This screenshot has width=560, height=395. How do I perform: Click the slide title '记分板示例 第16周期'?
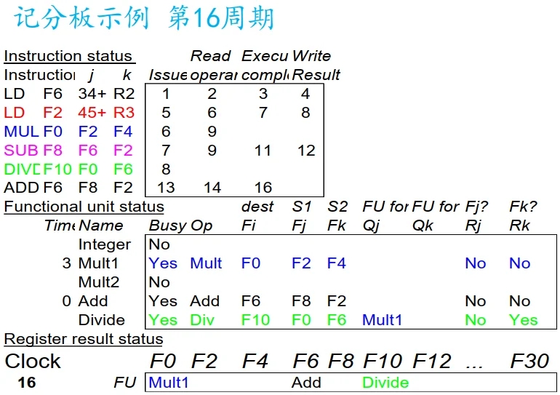click(x=144, y=18)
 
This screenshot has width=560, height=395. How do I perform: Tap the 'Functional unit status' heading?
click(x=84, y=207)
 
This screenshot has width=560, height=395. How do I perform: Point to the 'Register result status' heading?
click(x=83, y=339)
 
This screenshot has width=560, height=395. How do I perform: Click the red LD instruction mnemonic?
click(x=15, y=113)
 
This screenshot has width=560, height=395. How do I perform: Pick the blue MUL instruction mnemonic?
click(x=21, y=132)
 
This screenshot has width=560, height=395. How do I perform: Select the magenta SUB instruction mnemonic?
click(x=21, y=151)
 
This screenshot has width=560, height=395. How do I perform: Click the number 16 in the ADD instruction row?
click(x=263, y=188)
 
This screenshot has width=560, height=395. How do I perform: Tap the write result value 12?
click(x=306, y=151)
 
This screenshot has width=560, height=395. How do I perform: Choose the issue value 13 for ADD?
click(x=166, y=188)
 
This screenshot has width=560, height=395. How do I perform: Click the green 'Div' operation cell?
click(x=202, y=320)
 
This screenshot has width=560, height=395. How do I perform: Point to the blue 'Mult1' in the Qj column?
click(x=382, y=320)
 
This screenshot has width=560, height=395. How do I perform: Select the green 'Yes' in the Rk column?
click(x=523, y=320)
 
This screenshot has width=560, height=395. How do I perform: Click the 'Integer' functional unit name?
click(x=105, y=244)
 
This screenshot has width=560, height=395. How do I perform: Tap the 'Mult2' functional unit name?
click(x=99, y=282)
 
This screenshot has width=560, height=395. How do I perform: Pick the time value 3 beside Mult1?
click(x=66, y=263)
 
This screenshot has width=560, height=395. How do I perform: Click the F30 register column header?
click(x=529, y=361)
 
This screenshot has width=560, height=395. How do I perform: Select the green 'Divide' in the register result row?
click(x=385, y=383)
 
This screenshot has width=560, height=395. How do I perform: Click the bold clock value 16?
click(x=27, y=383)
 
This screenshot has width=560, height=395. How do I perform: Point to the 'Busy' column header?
click(x=167, y=226)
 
